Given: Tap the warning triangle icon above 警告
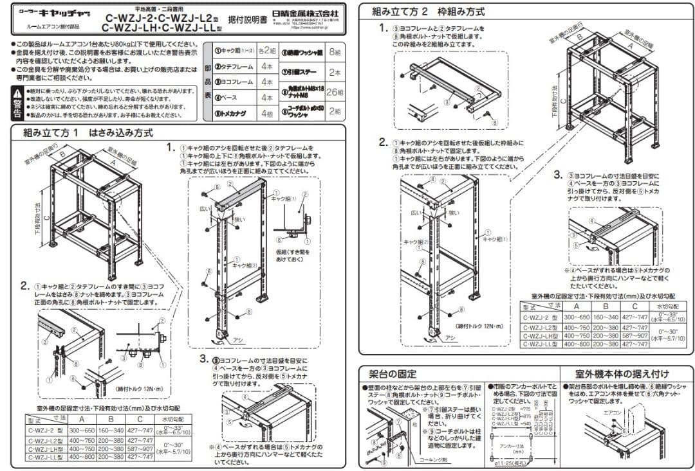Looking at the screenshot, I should click(x=17, y=94).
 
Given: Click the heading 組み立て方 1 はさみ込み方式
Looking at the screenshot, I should click(x=88, y=133).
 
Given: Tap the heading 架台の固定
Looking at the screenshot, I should click(x=393, y=373).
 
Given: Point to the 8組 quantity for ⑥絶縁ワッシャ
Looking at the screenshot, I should click(x=335, y=51).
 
